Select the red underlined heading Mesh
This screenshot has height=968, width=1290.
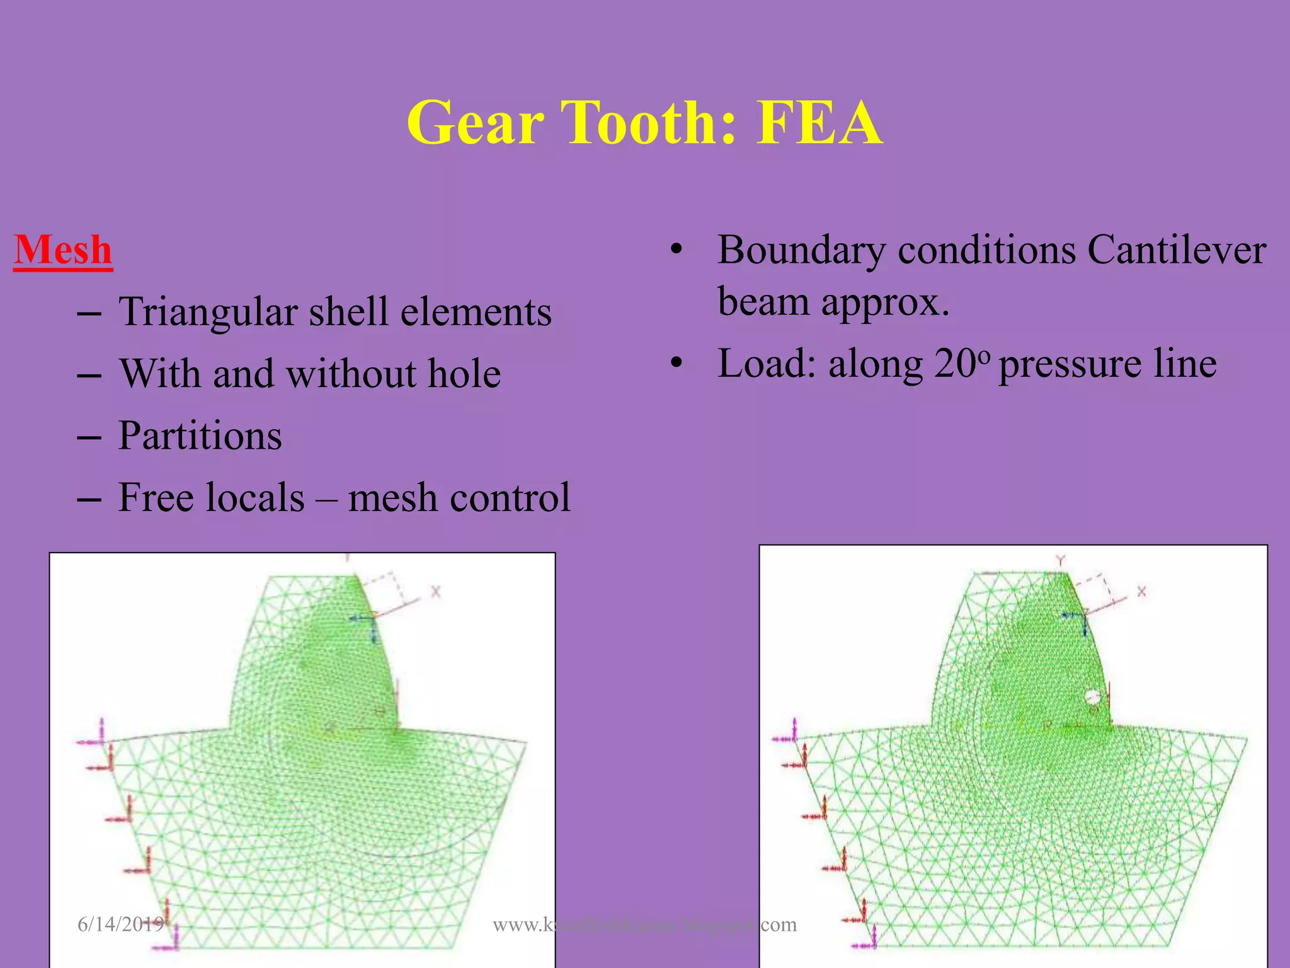[63, 250]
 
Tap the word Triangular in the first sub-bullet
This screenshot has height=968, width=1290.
[208, 313]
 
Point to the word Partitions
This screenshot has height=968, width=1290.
[200, 435]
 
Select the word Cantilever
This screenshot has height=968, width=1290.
[1177, 250]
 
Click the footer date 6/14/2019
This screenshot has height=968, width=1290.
[120, 925]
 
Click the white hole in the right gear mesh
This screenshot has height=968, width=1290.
[1092, 697]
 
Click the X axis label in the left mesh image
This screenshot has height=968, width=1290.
[435, 592]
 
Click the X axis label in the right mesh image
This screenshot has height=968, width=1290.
[1141, 592]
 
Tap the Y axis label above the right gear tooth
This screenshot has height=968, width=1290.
[1061, 560]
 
